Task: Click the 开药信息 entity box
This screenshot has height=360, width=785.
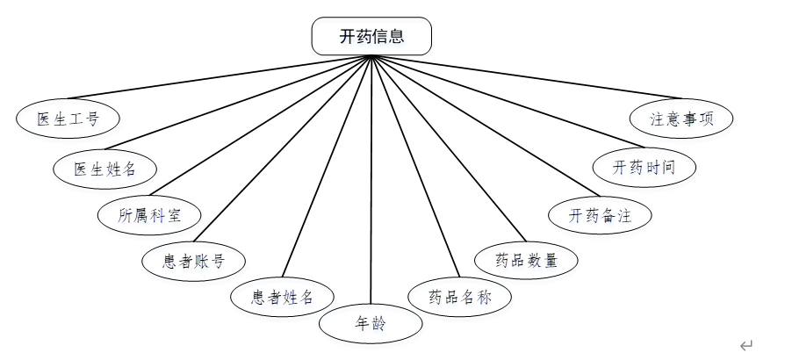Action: (371, 36)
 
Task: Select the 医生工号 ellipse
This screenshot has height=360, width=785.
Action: (68, 119)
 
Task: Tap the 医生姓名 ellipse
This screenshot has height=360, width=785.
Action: (104, 168)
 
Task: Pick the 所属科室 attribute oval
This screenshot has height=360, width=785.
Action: (150, 214)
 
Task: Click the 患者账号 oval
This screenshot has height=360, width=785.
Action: (193, 260)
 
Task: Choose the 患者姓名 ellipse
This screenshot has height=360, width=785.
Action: (282, 296)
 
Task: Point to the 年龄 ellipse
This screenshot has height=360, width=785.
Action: (371, 324)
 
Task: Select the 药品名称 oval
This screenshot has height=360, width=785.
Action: (459, 296)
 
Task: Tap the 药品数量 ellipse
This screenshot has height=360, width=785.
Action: (526, 260)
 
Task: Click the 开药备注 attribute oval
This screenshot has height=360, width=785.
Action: (600, 214)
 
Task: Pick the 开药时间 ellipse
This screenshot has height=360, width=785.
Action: (644, 167)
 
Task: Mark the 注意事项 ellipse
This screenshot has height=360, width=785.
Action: (681, 119)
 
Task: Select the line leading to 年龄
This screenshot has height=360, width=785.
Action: (371, 176)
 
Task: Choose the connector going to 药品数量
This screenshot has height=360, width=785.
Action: (448, 147)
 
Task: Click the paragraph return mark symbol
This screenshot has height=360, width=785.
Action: (746, 345)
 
